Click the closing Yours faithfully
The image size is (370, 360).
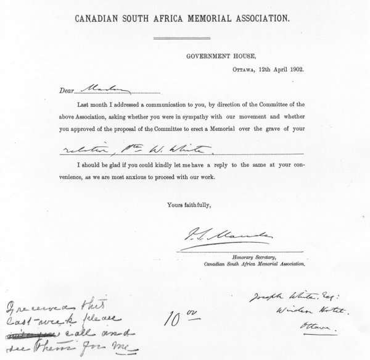187,204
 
